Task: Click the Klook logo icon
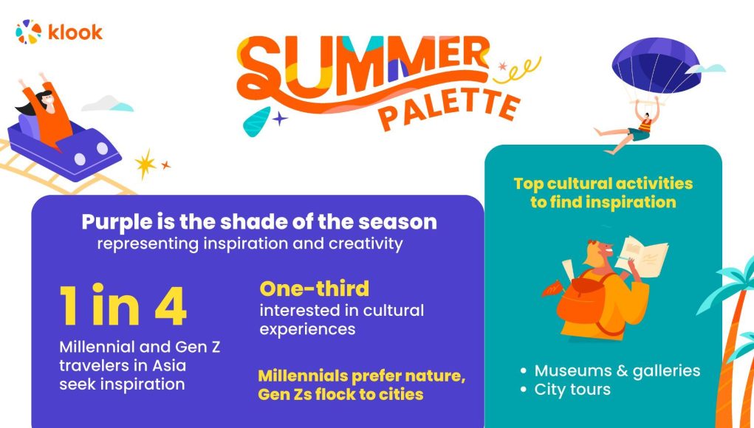(28, 32)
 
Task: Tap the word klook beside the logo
(75, 32)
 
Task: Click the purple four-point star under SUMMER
(279, 117)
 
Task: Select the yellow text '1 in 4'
(123, 305)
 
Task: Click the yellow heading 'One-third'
(315, 289)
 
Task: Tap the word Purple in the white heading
(115, 222)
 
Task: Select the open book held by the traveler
(642, 257)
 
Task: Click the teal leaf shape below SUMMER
(256, 121)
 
